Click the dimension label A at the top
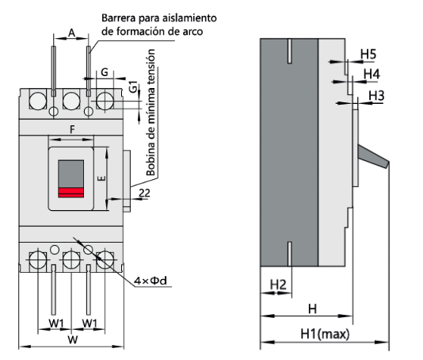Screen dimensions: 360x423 click(71, 33)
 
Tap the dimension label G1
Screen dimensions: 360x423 click(134, 87)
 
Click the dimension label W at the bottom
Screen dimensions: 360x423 click(71, 340)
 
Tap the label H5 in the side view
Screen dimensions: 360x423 click(368, 55)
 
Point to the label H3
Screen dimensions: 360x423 click(377, 96)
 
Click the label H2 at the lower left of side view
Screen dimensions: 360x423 click(278, 285)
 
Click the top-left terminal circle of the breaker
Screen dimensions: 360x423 click(35, 100)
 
